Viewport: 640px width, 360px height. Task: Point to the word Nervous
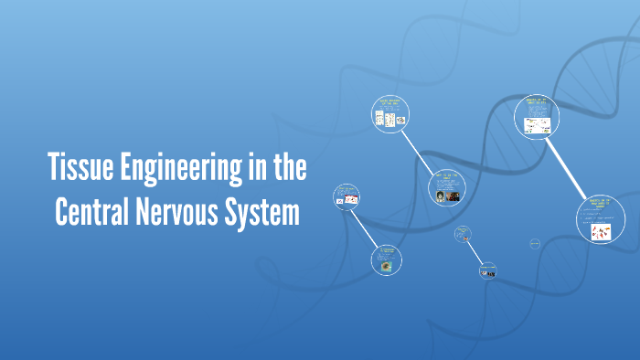tap(181, 212)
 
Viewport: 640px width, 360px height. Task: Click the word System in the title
tap(265, 212)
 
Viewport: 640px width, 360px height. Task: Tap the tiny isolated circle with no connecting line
tap(535, 243)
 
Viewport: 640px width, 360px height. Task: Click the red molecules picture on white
tap(601, 233)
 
